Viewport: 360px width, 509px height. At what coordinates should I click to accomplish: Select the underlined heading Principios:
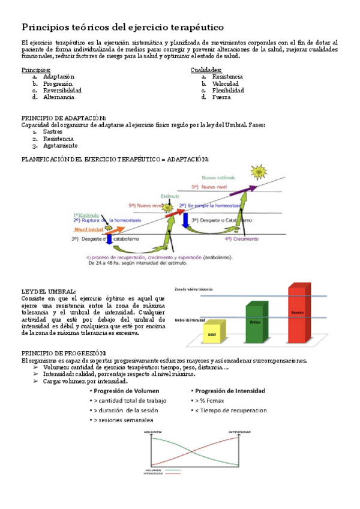pos(36,70)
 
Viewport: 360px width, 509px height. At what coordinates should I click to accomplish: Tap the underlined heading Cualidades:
pos(206,70)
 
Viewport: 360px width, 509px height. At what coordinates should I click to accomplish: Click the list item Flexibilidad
pos(228,90)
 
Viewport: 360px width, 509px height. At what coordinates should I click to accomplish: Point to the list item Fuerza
pos(221,97)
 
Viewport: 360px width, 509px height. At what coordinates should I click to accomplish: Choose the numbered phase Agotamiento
pos(60,145)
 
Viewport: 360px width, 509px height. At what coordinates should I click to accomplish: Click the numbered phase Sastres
pos(53,131)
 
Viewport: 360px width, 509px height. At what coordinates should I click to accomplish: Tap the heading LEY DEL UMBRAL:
pos(48,291)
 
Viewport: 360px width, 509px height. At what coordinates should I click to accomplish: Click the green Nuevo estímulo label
pos(219,178)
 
